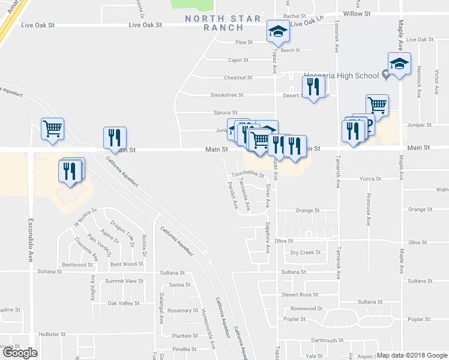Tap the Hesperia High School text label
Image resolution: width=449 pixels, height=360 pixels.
tap(341, 75)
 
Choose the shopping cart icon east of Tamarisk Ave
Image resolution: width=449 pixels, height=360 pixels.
tap(377, 105)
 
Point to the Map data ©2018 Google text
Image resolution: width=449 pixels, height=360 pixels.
tap(412, 355)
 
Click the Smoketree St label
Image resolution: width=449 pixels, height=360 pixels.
tap(226, 95)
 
